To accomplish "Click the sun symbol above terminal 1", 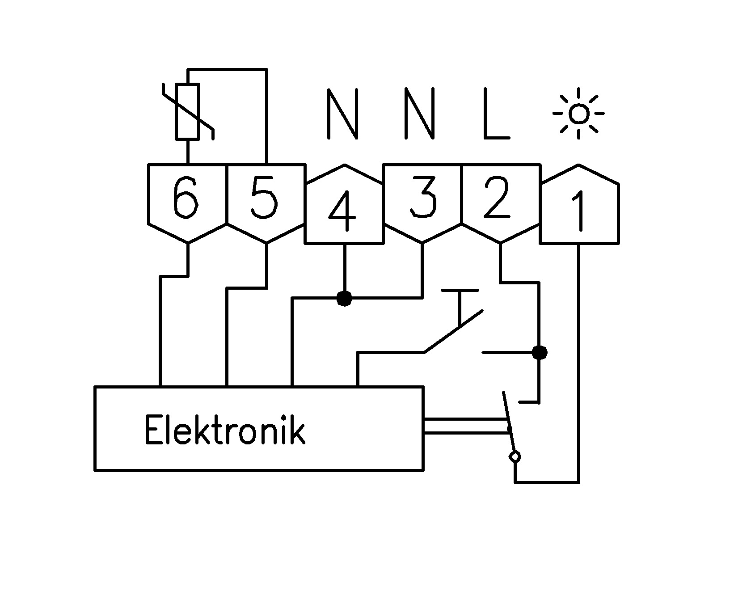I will tap(579, 114).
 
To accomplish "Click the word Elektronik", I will tap(225, 430).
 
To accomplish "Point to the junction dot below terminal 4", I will tap(344, 298).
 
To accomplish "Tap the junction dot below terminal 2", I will tap(539, 353).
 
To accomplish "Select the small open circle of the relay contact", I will tap(515, 456).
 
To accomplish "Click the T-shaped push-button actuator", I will tap(460, 304).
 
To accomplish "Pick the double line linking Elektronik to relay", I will tap(465, 426).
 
